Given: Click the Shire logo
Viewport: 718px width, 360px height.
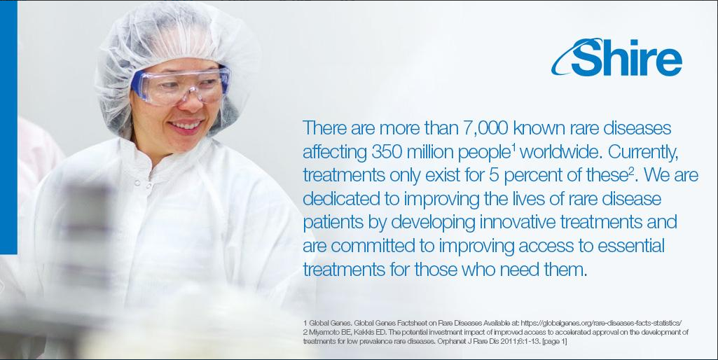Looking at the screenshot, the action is tap(616, 57).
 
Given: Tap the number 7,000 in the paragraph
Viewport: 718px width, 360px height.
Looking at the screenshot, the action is tap(485, 127).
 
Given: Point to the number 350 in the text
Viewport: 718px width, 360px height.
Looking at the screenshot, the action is tap(387, 152).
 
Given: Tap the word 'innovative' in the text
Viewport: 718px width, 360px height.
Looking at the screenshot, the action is tap(517, 222).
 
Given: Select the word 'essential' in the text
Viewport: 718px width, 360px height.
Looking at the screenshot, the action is tap(631, 246).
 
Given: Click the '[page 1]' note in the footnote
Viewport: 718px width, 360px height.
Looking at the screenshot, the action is tap(555, 342).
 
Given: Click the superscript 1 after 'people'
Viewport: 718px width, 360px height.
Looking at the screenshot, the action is tap(513, 148).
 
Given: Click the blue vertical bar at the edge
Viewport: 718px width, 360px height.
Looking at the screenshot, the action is tap(8, 127).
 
